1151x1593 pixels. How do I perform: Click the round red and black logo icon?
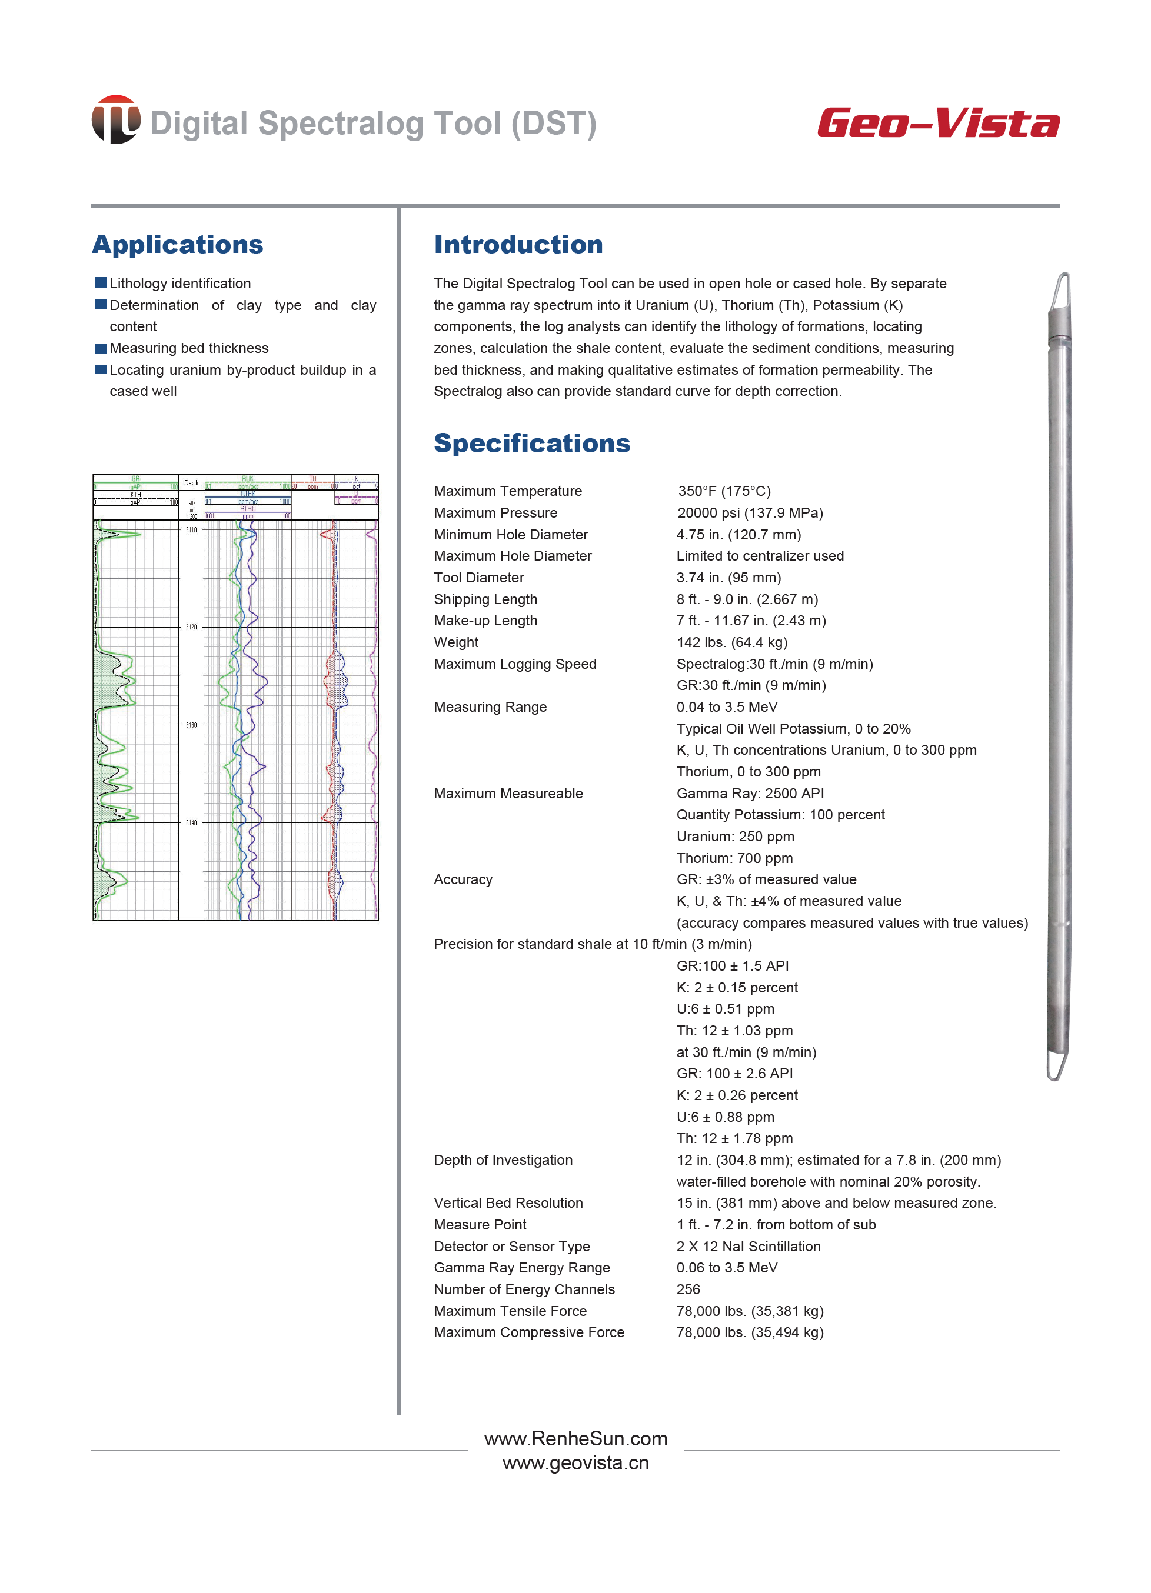pos(115,120)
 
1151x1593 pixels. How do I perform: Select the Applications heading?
pos(178,245)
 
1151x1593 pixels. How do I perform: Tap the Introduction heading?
pos(518,245)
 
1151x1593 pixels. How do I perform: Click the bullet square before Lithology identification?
pos(101,283)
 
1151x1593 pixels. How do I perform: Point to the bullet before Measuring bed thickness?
pos(101,348)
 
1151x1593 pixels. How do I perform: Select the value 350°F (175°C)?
pos(724,491)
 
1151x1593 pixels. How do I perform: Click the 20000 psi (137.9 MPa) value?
pos(750,513)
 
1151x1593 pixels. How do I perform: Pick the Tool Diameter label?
pos(478,577)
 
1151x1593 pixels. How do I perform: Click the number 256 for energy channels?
pos(688,1289)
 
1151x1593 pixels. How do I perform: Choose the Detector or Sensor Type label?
pos(511,1246)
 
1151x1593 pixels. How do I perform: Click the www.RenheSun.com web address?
pos(575,1438)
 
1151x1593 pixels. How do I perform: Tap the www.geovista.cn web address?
pos(575,1462)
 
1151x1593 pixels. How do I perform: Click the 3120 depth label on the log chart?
pos(191,626)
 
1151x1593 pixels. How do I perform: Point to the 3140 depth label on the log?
pos(191,822)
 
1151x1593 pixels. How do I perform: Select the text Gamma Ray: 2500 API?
pos(750,793)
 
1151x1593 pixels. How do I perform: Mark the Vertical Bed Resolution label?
pos(508,1202)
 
